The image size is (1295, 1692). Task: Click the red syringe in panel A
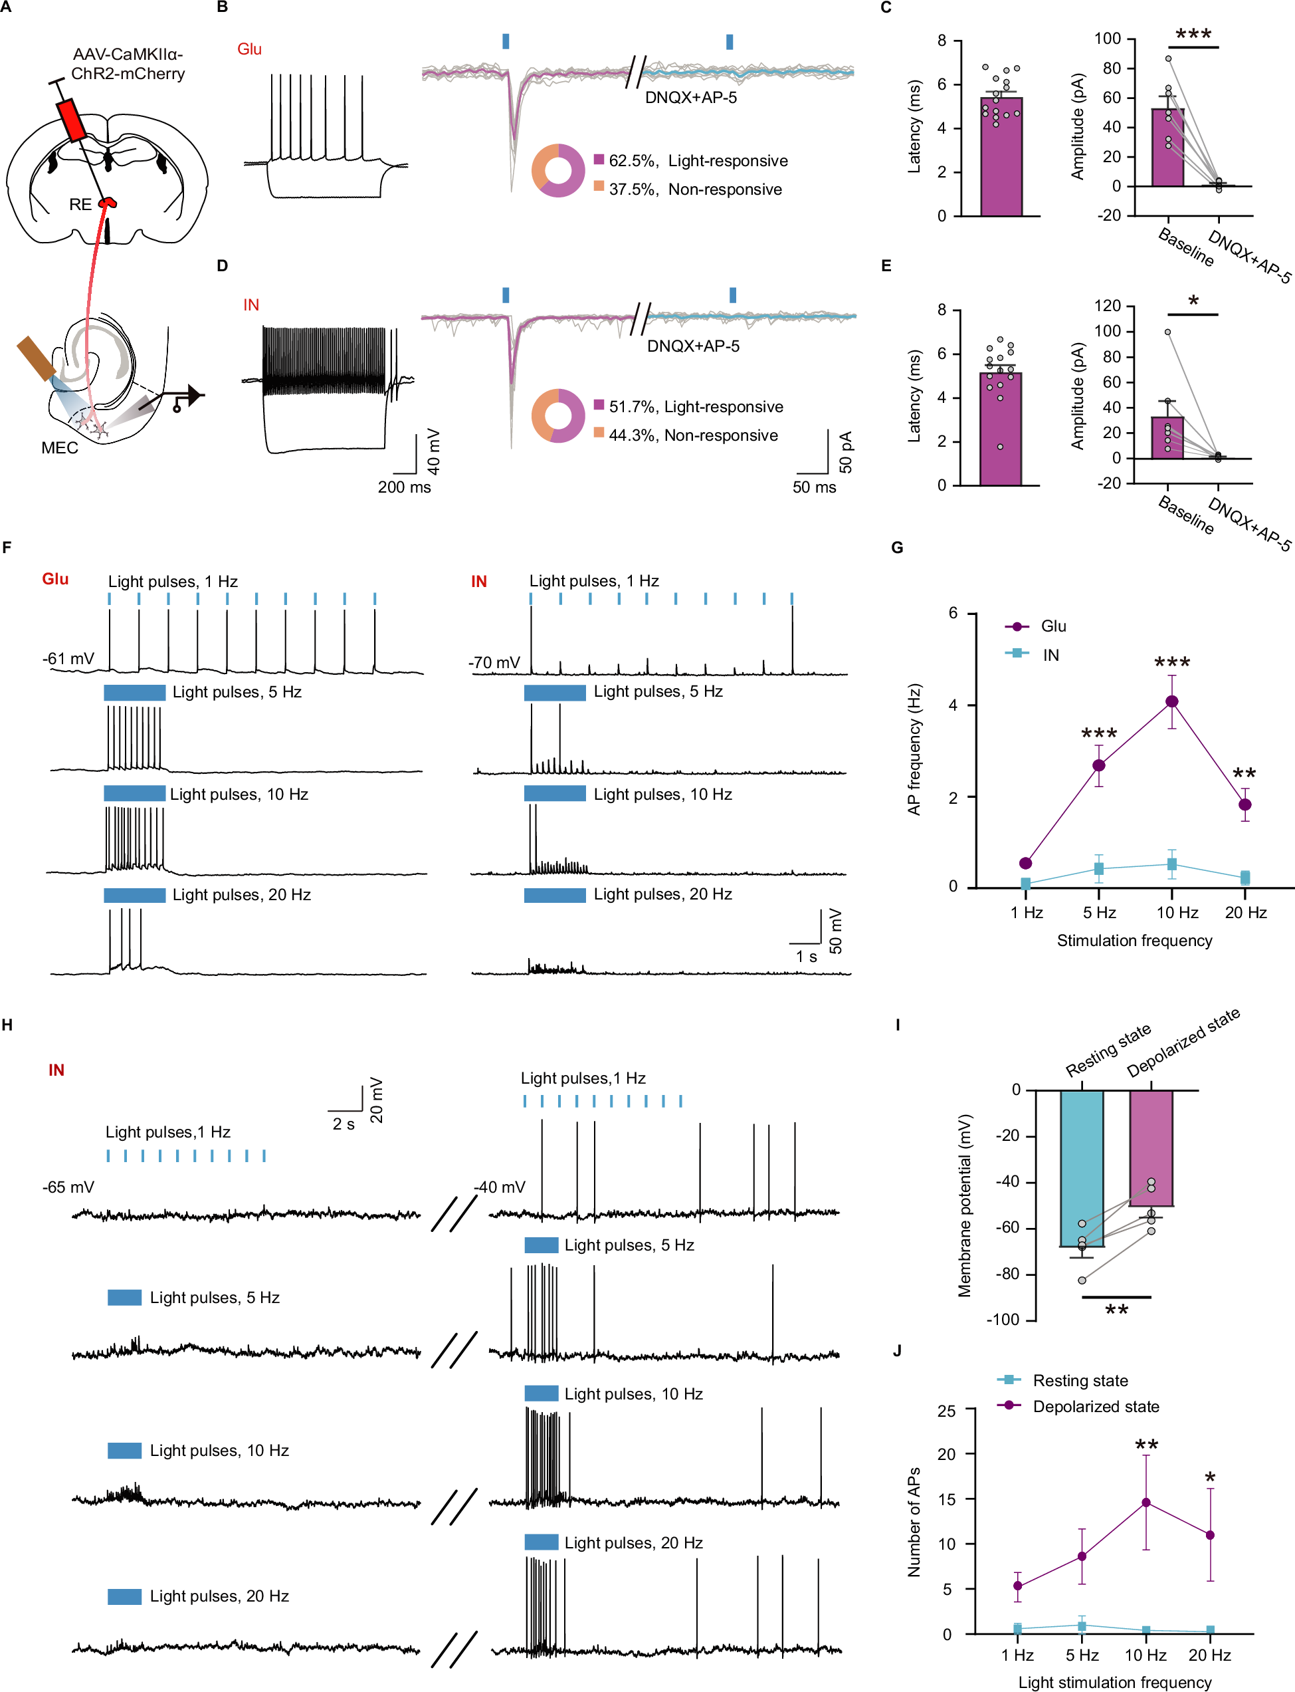(72, 120)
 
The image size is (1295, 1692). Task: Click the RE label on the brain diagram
(80, 204)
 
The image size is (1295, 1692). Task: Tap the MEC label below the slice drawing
(59, 448)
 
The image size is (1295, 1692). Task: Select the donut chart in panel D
(558, 416)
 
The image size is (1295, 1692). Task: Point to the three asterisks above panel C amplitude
(1193, 35)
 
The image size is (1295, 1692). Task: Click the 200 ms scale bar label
(404, 487)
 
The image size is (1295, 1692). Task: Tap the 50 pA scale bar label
(846, 452)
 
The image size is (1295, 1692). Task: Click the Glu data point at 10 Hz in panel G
(1171, 701)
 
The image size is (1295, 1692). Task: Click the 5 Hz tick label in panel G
(1099, 912)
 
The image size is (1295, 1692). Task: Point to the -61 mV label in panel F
(68, 659)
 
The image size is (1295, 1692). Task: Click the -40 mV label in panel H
(500, 1187)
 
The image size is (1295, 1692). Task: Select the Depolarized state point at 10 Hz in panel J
(1146, 1503)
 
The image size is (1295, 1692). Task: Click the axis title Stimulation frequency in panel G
(1134, 940)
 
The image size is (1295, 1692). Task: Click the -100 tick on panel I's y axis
(1003, 1320)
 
